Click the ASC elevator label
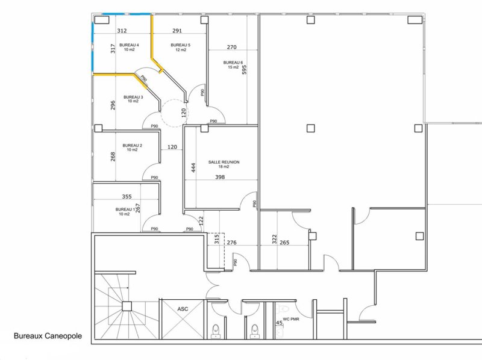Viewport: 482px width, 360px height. [183, 309]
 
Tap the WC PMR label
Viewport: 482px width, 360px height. [291, 319]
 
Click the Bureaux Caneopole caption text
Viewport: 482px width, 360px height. [48, 336]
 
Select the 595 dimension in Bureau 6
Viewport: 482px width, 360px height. [245, 70]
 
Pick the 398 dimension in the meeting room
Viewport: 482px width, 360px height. [220, 177]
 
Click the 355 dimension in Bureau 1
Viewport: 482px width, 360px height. [127, 196]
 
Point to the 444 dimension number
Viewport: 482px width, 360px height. [193, 167]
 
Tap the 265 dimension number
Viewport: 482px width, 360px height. [284, 243]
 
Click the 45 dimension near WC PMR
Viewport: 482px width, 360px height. [279, 323]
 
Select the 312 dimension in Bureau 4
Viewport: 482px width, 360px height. [122, 31]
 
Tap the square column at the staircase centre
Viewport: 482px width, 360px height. [127, 306]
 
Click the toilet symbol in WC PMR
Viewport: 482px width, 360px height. [282, 308]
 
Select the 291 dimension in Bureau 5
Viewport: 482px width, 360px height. [177, 31]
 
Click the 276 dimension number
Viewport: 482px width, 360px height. [231, 243]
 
